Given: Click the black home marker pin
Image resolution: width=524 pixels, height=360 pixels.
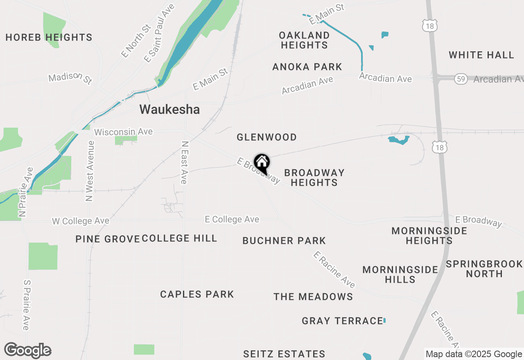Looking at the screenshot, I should tap(262, 163).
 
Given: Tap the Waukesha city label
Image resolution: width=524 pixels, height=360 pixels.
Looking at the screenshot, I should tap(169, 110).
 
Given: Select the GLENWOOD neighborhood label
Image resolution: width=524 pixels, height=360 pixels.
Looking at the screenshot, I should tap(267, 137).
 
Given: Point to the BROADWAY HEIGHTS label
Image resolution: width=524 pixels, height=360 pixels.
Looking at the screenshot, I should tap(314, 178).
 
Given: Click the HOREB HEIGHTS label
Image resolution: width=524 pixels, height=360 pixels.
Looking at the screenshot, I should tap(49, 38).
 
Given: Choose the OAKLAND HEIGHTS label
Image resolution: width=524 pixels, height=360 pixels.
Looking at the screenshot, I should tap(304, 40).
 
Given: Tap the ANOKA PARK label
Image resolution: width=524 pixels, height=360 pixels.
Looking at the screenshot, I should tap(307, 67).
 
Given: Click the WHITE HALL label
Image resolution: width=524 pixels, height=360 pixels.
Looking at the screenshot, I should tap(481, 55).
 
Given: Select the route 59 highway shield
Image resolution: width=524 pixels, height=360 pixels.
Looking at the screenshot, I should tap(461, 79).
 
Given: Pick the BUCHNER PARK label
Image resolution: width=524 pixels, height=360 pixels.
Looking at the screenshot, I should tap(284, 241).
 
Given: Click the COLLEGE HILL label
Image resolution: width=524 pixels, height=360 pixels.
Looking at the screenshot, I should tap(179, 239).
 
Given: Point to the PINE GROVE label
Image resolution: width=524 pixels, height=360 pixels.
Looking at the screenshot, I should tap(108, 239).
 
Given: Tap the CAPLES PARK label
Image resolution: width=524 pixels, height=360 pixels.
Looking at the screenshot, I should tap(197, 294).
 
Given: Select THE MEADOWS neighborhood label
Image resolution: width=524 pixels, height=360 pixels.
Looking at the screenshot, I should tap(313, 297).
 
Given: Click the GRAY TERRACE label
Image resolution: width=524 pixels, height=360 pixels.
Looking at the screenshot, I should tap(342, 321).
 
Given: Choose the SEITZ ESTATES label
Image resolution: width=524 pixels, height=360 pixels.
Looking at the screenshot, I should tap(284, 354).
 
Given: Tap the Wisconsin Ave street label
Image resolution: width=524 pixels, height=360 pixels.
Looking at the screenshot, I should tap(123, 132).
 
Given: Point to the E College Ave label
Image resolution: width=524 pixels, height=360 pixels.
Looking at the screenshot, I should tap(232, 219).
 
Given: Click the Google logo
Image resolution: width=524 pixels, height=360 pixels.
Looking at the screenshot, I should tap(27, 351).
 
